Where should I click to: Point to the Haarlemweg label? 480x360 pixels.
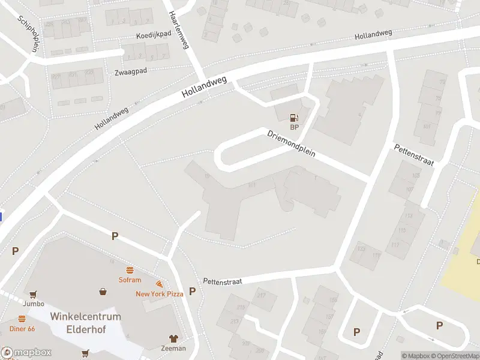click(179, 30)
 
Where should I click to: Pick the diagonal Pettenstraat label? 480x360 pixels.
click(413, 155)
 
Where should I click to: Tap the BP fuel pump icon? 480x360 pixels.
click(294, 118)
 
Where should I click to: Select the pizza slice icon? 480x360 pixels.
click(159, 284)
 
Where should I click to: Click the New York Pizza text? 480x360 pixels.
click(159, 294)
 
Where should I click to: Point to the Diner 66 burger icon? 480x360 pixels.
click(22, 319)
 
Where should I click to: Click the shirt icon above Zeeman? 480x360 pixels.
click(173, 338)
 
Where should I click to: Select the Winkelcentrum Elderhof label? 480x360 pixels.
click(85, 322)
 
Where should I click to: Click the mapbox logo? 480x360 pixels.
click(26, 353)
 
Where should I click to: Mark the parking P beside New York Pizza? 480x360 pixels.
click(193, 291)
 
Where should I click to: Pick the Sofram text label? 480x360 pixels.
click(130, 280)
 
